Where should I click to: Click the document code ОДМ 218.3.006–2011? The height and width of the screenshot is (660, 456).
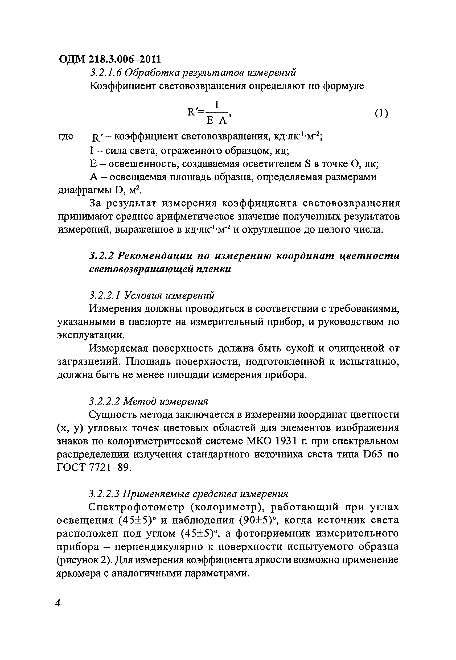point(109,59)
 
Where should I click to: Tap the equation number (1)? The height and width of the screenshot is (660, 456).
point(381,113)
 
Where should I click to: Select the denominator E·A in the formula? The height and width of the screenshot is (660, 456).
point(216,121)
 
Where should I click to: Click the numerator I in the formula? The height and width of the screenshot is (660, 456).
point(217,105)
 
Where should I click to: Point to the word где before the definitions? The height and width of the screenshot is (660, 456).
point(66,136)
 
